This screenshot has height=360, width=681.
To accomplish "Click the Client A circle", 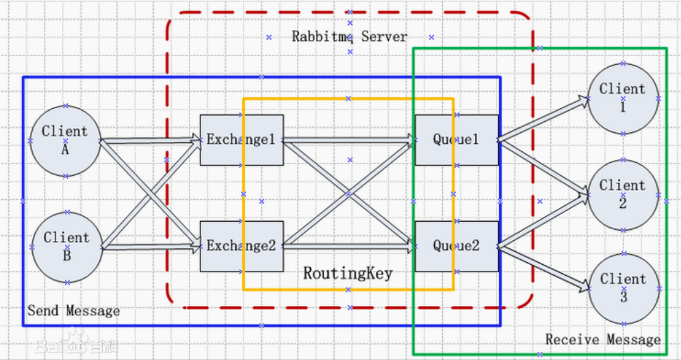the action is [x=66, y=141].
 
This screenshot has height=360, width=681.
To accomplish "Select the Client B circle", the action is [x=67, y=247].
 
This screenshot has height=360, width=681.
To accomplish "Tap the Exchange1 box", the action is [x=242, y=140].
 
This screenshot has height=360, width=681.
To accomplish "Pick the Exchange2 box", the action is [x=242, y=246].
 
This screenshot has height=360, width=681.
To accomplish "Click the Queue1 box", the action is [x=457, y=140].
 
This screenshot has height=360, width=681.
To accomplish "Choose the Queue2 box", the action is [x=457, y=246].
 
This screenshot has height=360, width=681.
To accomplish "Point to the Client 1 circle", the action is [x=624, y=99].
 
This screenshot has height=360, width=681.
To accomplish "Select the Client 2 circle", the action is [x=624, y=195].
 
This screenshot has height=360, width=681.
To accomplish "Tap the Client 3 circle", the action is [x=624, y=289].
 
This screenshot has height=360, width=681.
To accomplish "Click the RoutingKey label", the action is [x=348, y=274].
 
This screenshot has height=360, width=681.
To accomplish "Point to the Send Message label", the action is [x=74, y=311].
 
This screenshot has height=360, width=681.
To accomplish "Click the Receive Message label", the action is [x=603, y=339].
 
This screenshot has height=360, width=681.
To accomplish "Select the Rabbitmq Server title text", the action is [x=350, y=36].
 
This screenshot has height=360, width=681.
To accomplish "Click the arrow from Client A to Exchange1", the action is [x=151, y=140].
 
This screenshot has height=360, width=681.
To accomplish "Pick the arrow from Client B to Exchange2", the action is [x=151, y=247].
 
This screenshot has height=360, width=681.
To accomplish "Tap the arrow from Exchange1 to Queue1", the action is [x=349, y=140].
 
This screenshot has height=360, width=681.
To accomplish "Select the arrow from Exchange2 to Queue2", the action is [x=349, y=246].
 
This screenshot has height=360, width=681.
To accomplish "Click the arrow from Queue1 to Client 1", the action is [x=543, y=119].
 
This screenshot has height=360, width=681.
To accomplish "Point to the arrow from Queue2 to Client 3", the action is [x=543, y=268].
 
